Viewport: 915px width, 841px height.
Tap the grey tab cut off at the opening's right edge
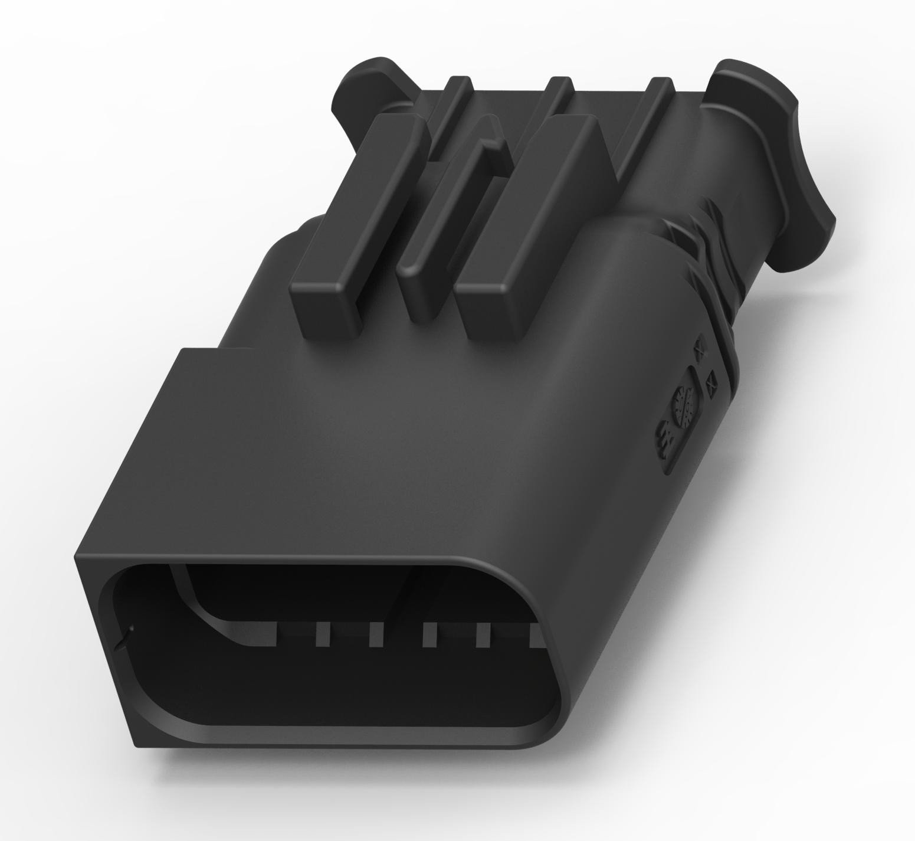click(x=537, y=637)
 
